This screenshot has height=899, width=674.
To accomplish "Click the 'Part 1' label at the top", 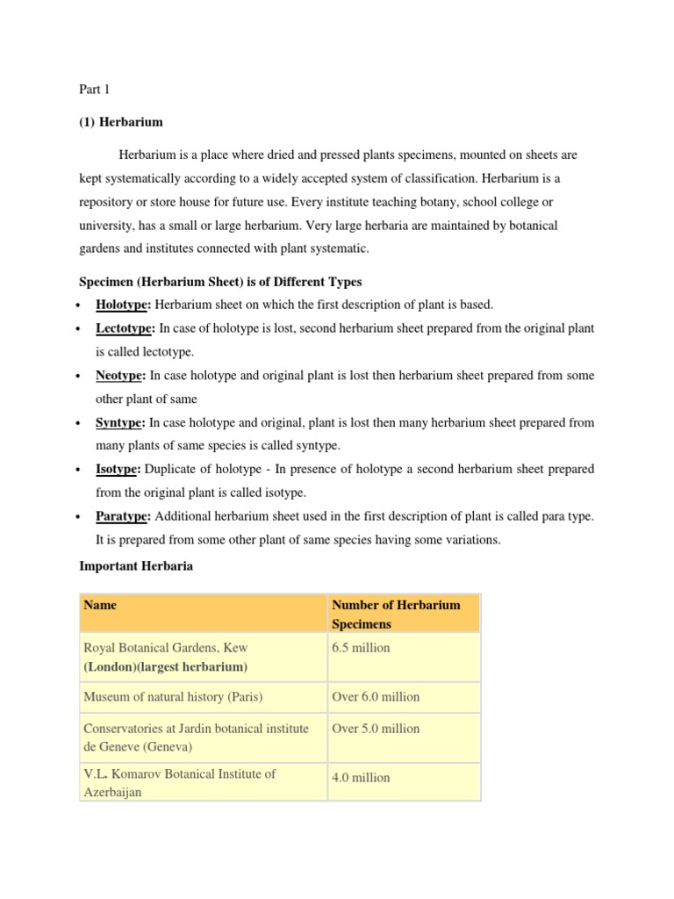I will tap(93, 89).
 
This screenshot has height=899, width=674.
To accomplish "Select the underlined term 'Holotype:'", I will tap(124, 305).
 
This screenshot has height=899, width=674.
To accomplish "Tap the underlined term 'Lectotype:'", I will tap(125, 327).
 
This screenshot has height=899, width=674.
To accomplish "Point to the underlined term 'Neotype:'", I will tap(122, 375).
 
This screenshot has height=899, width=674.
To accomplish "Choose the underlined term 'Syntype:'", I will tap(121, 422).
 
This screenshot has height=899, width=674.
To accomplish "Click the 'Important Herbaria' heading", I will tap(136, 566).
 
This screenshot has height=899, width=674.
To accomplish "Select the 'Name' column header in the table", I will tap(100, 605).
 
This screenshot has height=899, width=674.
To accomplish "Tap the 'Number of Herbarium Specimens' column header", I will tap(396, 614).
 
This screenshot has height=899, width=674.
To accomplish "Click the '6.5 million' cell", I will tap(361, 648).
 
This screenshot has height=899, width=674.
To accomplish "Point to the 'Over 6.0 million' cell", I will tap(376, 696).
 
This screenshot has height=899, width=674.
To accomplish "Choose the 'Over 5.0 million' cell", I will tap(376, 728).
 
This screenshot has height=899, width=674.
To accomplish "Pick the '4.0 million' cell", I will tap(361, 777).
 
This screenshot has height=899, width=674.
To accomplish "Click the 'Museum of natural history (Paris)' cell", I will tap(173, 696).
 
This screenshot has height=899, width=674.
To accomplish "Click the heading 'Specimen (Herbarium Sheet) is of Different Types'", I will tap(219, 281).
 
